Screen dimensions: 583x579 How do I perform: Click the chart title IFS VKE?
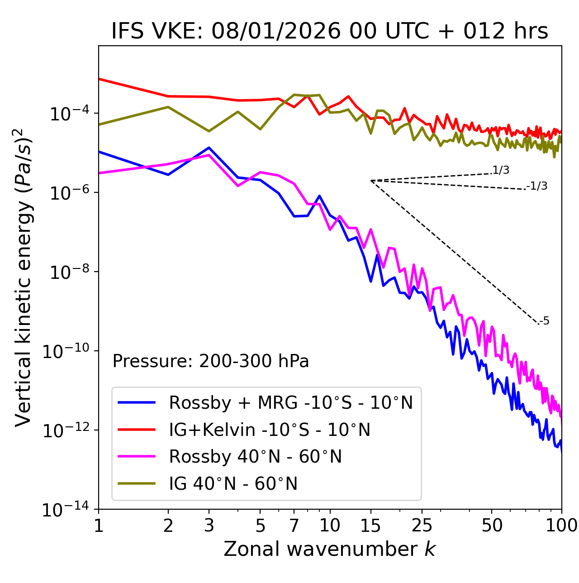pos(330,32)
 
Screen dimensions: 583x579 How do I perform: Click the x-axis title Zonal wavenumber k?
pos(330,549)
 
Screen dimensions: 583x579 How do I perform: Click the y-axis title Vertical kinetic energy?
pos(24,277)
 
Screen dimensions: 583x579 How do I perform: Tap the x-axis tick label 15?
pos(371,525)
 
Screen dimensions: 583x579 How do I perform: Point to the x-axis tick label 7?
pos(294,525)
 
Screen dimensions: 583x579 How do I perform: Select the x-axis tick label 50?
pos(492,525)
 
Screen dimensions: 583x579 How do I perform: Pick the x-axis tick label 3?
pos(209,525)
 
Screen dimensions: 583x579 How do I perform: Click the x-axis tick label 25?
pos(422,525)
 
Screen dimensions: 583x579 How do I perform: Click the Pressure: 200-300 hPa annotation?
pos(211,361)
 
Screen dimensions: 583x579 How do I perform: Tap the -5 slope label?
pos(544,321)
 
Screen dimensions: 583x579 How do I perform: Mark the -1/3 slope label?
pos(537,186)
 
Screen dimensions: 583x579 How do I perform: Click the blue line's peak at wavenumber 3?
pos(209,148)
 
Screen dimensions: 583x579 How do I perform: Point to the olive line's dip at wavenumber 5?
pos(260,129)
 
